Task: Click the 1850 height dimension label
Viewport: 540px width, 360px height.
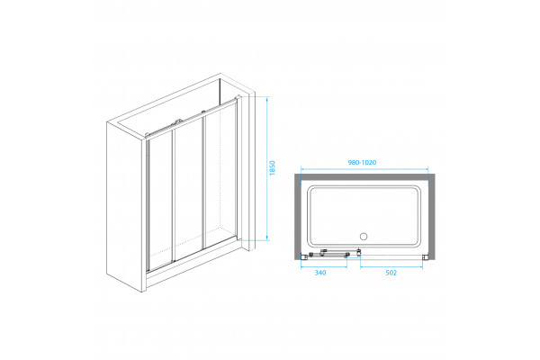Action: [x=273, y=168]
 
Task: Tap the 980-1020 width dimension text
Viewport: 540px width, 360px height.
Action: [x=362, y=162]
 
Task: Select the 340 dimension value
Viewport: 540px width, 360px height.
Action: [x=319, y=273]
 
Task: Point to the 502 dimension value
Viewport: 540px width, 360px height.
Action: [x=391, y=273]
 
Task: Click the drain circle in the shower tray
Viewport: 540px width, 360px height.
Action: [x=364, y=237]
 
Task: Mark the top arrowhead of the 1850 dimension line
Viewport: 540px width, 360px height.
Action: [x=267, y=99]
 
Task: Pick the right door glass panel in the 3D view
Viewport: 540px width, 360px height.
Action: [x=220, y=175]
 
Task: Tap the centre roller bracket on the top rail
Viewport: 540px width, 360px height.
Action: [x=178, y=121]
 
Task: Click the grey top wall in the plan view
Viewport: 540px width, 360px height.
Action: [x=364, y=177]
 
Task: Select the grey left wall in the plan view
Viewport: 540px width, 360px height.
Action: [x=298, y=216]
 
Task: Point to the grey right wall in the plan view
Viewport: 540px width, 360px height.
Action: [x=431, y=216]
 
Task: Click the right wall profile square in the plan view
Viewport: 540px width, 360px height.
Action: [x=425, y=256]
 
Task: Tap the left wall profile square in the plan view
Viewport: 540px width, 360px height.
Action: [x=304, y=256]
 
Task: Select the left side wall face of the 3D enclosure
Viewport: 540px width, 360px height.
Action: [x=124, y=207]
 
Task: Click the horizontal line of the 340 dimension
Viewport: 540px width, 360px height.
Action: [x=324, y=267]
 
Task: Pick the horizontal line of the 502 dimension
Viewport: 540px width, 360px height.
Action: [x=391, y=267]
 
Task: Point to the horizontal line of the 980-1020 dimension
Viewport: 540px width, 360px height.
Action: [x=364, y=169]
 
